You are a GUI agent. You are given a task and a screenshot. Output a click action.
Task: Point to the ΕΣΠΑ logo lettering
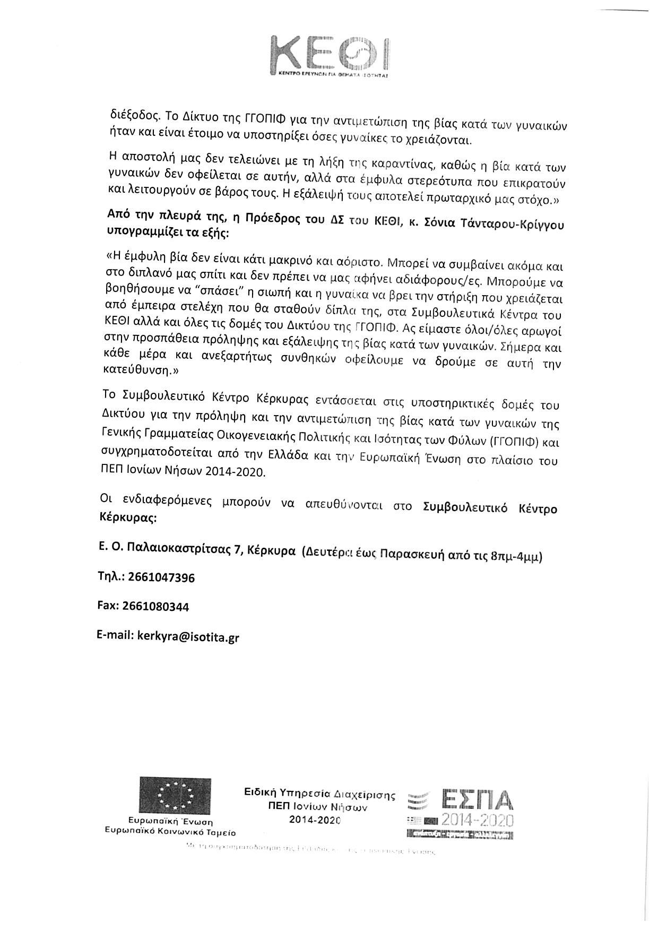pyautogui.click(x=477, y=799)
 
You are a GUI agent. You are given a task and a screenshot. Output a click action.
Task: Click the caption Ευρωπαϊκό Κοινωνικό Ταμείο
pyautogui.click(x=170, y=832)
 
